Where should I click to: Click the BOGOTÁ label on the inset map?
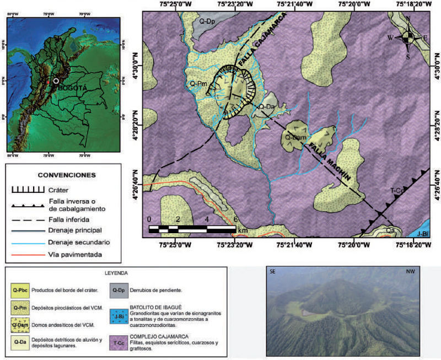pyautogui.click(x=72, y=88)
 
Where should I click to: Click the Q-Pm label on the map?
pyautogui.click(x=198, y=83)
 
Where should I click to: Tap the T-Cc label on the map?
pyautogui.click(x=398, y=191)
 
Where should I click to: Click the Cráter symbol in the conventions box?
pyautogui.click(x=28, y=190)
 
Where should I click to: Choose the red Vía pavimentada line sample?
pyautogui.click(x=28, y=255)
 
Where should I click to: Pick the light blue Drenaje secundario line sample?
pyautogui.click(x=28, y=242)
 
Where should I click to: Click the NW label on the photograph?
pyautogui.click(x=411, y=272)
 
